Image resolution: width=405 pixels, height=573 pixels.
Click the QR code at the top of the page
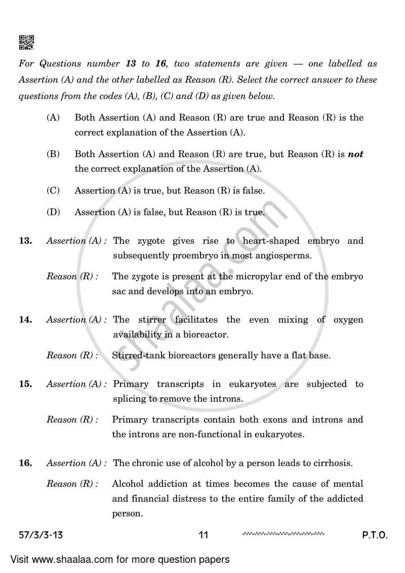[26, 43]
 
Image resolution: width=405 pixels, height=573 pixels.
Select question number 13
[25, 241]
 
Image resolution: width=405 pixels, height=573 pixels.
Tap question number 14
[25, 320]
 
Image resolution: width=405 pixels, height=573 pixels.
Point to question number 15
[25, 384]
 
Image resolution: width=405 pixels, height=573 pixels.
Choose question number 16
[25, 463]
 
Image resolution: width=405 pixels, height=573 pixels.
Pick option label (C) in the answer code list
[53, 190]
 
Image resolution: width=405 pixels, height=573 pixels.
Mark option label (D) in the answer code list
[53, 212]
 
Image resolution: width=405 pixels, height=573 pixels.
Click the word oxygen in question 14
[348, 320]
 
